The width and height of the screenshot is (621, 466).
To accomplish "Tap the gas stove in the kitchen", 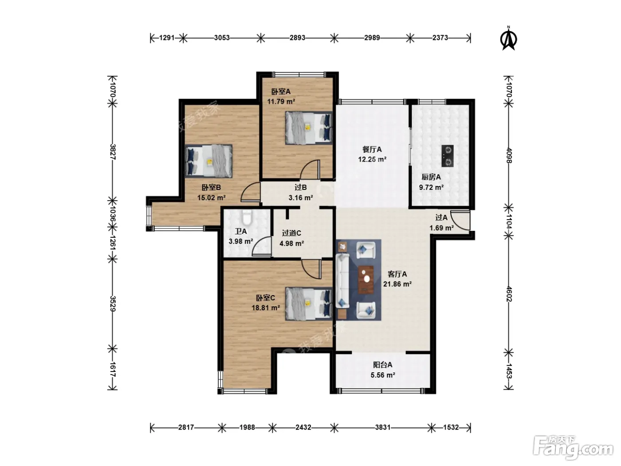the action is [447, 156].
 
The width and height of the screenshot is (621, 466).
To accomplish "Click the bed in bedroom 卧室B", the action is [209, 161].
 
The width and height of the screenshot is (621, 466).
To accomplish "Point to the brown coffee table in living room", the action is [366, 279].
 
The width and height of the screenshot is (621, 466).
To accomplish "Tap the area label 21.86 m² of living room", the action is [397, 284].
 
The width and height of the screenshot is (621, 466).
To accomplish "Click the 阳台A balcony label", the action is [382, 365].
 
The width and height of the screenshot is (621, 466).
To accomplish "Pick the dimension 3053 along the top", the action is [222, 38].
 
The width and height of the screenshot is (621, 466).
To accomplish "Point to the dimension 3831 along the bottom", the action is [383, 427].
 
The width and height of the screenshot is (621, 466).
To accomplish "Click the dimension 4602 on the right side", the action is [509, 294].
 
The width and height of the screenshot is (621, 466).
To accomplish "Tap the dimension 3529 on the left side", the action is [113, 304].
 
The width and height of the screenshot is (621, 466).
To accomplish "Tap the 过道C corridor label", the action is [291, 233].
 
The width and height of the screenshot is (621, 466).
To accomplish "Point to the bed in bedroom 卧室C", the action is [309, 304].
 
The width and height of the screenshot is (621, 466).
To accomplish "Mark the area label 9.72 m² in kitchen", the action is [431, 187].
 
